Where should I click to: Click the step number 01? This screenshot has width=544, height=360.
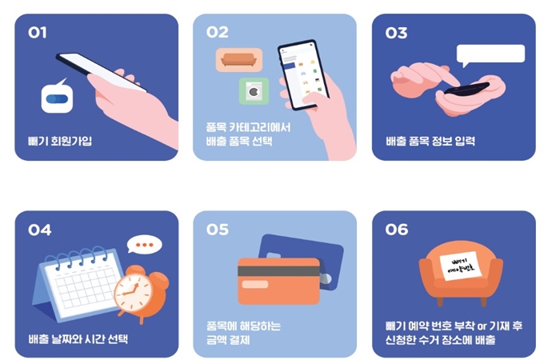click(38, 33)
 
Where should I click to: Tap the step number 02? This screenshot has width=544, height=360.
click(217, 33)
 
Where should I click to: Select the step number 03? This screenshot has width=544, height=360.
click(396, 33)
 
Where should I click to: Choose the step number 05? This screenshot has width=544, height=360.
click(218, 230)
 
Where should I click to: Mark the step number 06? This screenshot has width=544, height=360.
click(397, 230)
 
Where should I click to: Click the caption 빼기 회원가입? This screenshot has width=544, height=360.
click(60, 142)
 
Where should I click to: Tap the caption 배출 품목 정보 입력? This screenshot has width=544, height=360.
click(430, 142)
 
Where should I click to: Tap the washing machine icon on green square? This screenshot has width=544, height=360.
click(254, 92)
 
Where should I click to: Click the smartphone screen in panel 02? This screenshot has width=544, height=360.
click(304, 75)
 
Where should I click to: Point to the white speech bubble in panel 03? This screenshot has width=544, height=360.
click(490, 54)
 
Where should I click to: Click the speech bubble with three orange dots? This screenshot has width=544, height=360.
click(144, 245)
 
